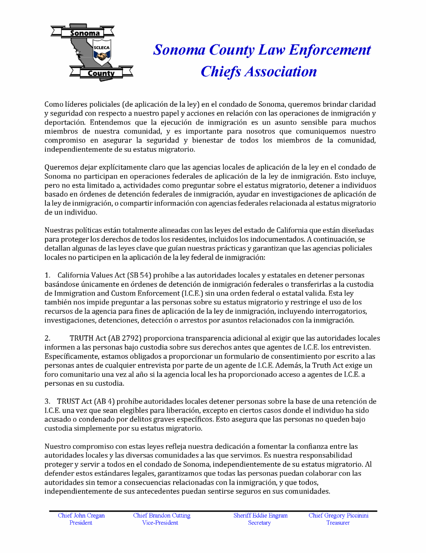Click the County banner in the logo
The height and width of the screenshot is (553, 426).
(x=101, y=73)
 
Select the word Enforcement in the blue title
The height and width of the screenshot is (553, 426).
(x=330, y=50)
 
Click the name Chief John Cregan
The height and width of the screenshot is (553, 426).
(x=81, y=515)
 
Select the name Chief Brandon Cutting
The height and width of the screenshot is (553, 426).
(x=162, y=515)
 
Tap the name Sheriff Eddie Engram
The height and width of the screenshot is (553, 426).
(x=260, y=515)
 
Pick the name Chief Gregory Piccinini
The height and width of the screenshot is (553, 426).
(x=338, y=515)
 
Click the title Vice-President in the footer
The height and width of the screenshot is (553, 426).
(x=160, y=523)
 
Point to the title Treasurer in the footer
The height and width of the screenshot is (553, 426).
(x=338, y=523)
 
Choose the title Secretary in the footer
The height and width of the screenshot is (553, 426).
(x=259, y=523)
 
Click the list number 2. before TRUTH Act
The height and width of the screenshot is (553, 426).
(x=48, y=339)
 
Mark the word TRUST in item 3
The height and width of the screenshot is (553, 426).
(x=68, y=402)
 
